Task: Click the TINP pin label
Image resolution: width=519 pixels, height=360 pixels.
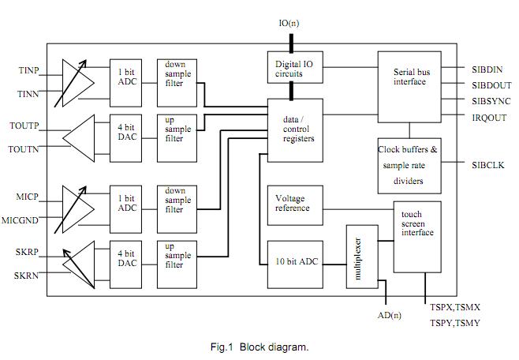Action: (29, 70)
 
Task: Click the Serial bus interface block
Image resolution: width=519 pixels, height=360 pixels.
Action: (409, 77)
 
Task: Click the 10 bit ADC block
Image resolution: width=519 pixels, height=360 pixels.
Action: (296, 261)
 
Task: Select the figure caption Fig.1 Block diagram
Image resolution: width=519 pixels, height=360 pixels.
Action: (259, 347)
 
